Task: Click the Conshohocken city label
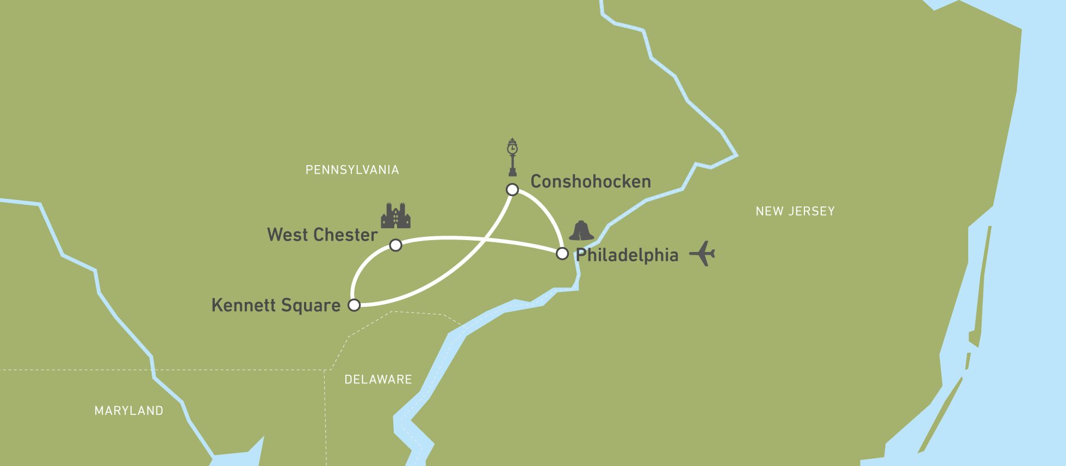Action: point(591,181)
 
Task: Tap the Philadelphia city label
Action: point(627,255)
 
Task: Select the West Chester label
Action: point(322,235)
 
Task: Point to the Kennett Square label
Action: point(276,305)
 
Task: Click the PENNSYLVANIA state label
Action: point(352,170)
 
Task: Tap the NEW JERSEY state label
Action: point(795,211)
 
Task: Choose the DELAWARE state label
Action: point(378,379)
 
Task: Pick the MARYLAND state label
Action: point(129,411)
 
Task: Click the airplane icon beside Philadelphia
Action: point(702,253)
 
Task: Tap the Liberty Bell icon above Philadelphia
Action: point(581,231)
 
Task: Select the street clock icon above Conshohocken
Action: point(512,158)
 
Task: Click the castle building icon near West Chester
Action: point(395,216)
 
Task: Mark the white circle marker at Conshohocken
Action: point(512,190)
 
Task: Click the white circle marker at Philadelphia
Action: point(562,254)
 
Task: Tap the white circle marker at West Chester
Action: point(396,245)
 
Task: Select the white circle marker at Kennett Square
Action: point(354,305)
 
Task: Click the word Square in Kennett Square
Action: point(311,306)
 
